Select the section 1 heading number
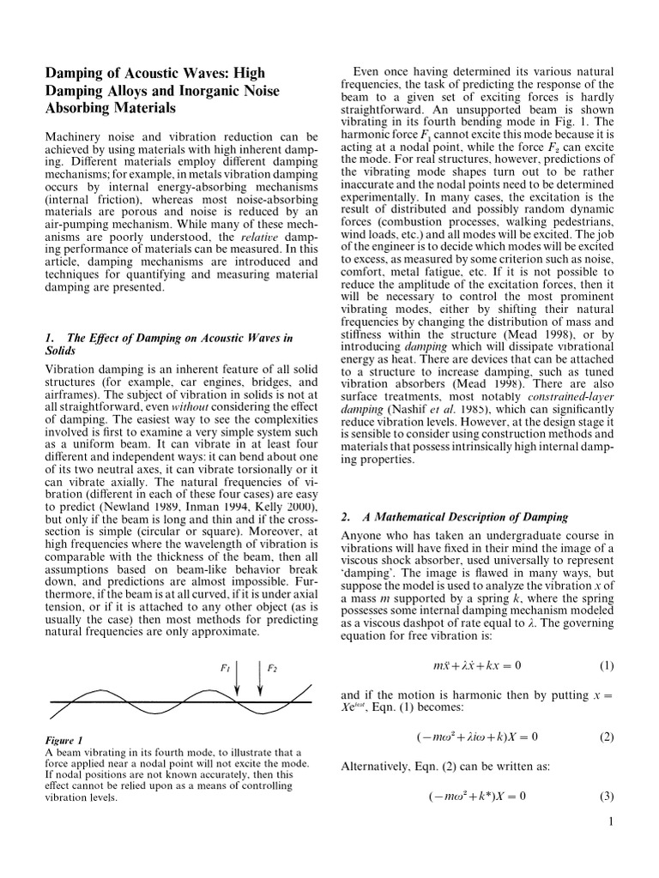point(48,338)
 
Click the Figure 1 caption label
point(63,740)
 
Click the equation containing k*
point(476,796)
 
